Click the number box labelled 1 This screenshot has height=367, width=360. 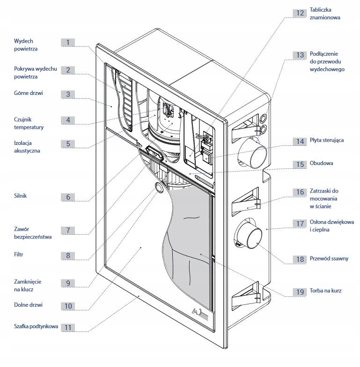tap(68, 43)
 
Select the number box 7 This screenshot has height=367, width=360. tap(68, 230)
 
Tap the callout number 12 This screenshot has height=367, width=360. tap(300, 13)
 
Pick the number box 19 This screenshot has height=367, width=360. tap(300, 292)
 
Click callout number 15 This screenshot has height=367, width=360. tap(300, 164)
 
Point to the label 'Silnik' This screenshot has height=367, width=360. tap(21, 196)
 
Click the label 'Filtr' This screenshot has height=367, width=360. tap(19, 254)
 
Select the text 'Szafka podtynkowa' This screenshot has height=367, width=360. tap(36, 326)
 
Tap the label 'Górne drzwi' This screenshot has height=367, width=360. tap(29, 93)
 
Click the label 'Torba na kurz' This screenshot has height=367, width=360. tap(325, 290)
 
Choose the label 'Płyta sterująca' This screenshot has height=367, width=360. tap(327, 140)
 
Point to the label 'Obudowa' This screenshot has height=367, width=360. tap(321, 163)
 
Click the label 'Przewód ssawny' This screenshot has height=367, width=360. tap(329, 259)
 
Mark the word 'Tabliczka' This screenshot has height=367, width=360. tap(320, 10)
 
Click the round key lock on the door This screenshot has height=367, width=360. tap(159, 187)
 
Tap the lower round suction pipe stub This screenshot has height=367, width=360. tap(249, 234)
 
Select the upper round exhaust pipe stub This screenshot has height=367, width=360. tap(253, 153)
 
